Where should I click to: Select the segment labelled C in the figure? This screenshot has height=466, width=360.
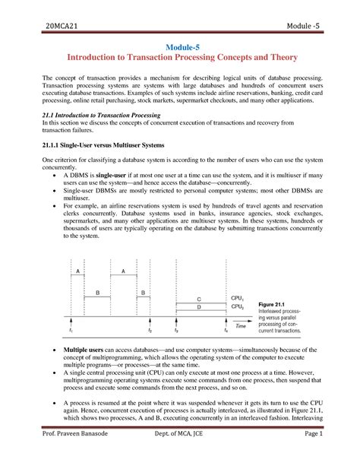[x=199, y=300]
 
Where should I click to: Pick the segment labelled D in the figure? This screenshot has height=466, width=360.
[x=199, y=308]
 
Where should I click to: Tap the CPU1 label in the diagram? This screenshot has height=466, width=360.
[x=238, y=298]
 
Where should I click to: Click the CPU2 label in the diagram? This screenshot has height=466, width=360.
[x=238, y=307]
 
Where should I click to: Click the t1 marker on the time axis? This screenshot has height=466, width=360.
[x=71, y=331]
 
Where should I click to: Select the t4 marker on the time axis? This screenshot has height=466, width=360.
[x=225, y=331]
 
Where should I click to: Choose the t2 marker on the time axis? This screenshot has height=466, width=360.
[x=150, y=331]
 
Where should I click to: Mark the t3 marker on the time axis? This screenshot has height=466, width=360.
[x=176, y=331]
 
